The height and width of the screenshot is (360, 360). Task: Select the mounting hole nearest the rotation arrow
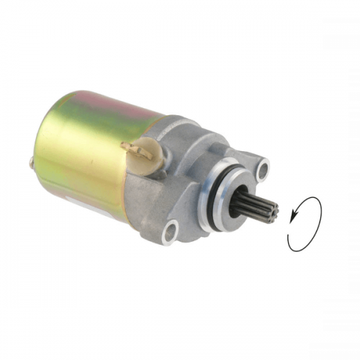264,171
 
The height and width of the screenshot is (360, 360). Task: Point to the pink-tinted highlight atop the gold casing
108,101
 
